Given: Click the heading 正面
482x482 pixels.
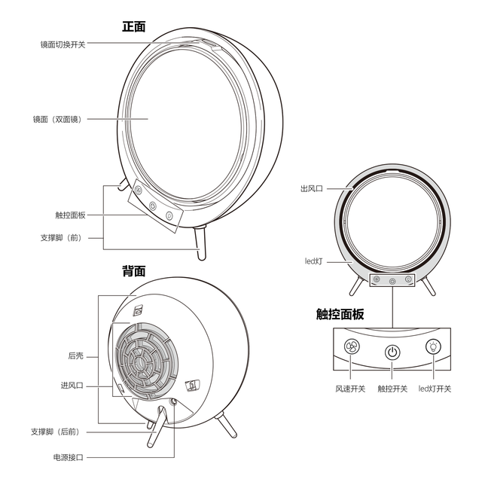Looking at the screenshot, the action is (x=134, y=27).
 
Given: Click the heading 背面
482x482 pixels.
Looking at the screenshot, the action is (x=134, y=271).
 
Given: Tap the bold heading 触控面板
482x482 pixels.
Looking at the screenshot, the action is (x=340, y=314).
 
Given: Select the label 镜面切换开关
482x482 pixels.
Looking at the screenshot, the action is (x=63, y=44).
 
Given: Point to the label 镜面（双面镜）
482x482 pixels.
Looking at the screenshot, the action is (x=58, y=119).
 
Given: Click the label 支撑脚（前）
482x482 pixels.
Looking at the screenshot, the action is (x=62, y=238).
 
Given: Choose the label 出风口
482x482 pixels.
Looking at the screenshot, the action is (x=311, y=188).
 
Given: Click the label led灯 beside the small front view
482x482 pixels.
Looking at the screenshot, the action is (x=313, y=261).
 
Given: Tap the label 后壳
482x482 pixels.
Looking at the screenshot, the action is (x=75, y=356).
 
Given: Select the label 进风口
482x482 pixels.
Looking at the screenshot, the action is (x=72, y=385).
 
